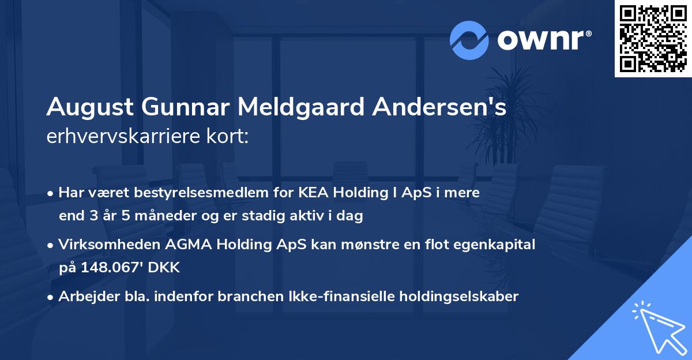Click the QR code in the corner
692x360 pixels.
coord(653,39)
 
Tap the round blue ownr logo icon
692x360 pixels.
coord(469,40)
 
